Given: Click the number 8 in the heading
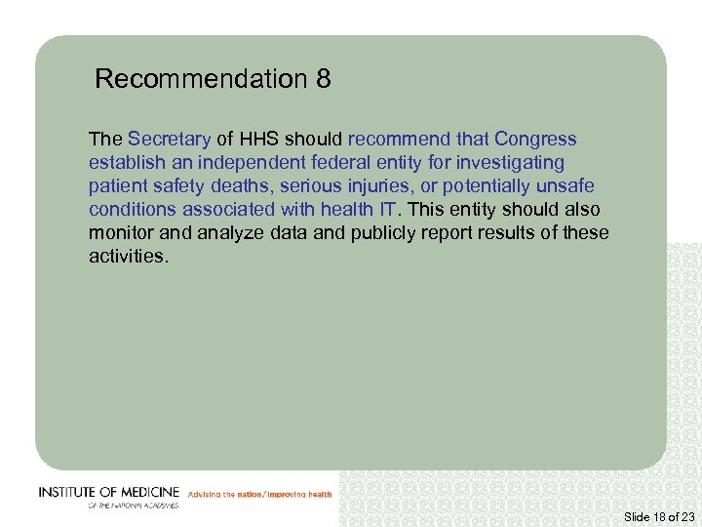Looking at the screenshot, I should coord(323,79).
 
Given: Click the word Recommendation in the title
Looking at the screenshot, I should coord(202,79).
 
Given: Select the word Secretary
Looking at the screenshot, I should coord(169,140).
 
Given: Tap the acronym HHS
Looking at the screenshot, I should coord(257,140).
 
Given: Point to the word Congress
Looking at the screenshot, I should coord(535,140).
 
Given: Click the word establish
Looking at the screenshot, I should coord(121,163).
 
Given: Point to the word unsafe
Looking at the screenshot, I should coord(567,186).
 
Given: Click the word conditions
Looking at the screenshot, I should coord(133,210).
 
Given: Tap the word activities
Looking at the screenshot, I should coord(128,257).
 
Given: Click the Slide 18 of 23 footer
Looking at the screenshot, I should coord(658,515).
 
